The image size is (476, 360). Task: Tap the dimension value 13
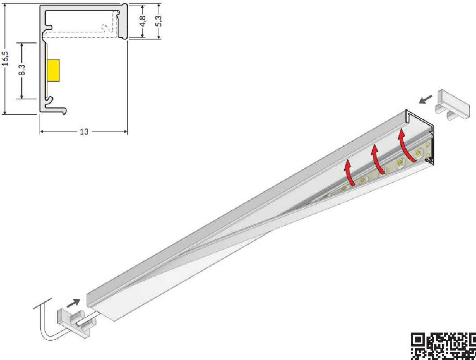[x=84, y=132]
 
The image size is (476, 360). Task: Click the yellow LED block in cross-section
[x=53, y=71]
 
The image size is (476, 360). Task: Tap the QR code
[x=444, y=346]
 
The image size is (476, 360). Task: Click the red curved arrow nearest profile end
[x=408, y=146]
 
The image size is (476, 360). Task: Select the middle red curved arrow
[x=377, y=160]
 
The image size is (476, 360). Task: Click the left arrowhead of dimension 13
[x=42, y=132]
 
